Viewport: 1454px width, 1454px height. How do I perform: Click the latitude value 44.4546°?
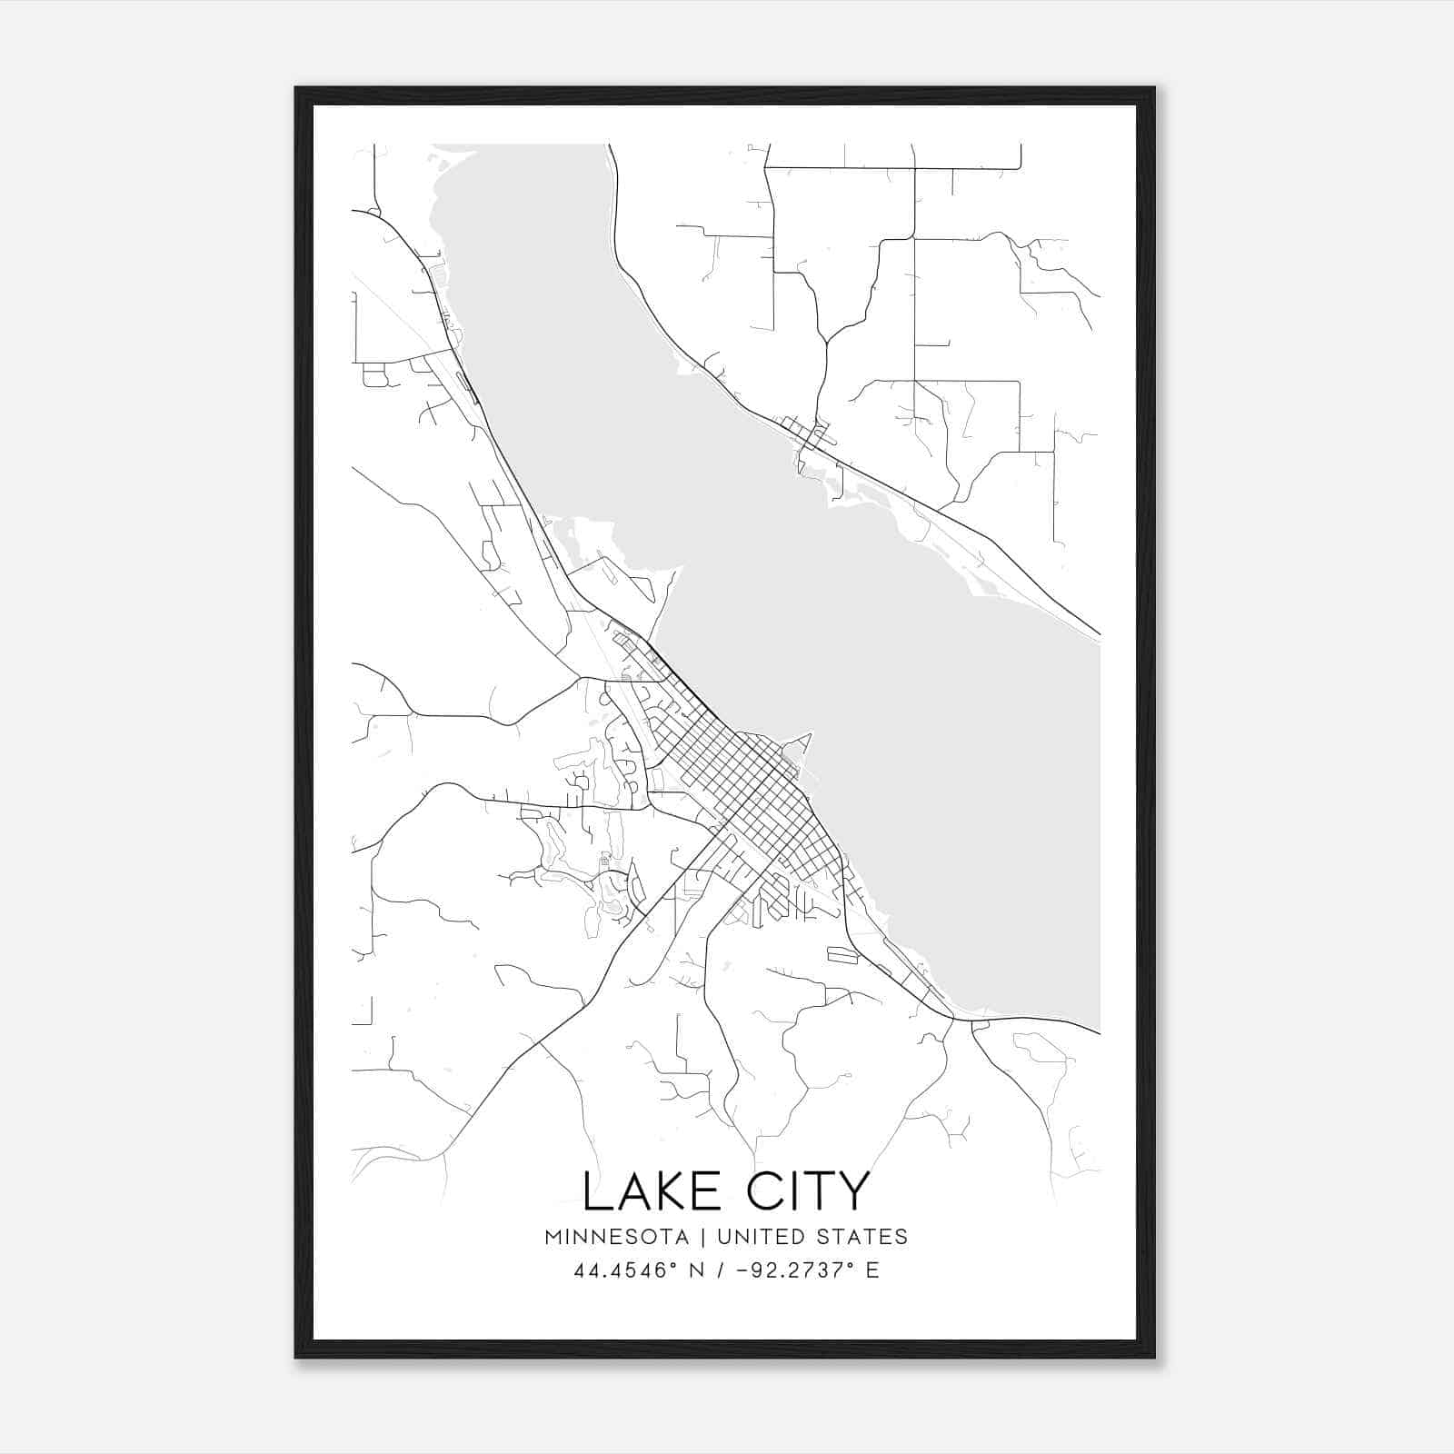[626, 1270]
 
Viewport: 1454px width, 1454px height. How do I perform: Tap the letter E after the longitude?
[872, 1270]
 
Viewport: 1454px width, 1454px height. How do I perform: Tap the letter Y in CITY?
[853, 1191]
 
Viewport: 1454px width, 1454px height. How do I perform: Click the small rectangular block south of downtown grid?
[842, 954]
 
